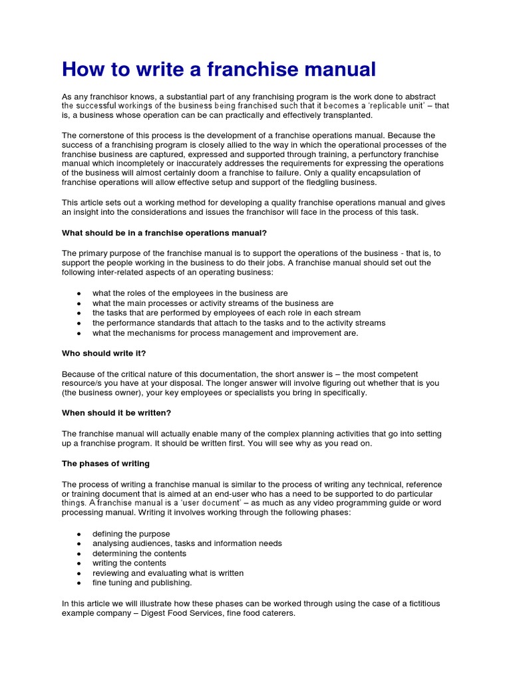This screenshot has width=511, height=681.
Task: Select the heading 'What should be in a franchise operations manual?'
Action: click(x=164, y=233)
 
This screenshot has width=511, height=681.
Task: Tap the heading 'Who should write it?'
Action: click(x=98, y=353)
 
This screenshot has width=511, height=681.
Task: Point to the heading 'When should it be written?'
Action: click(x=116, y=413)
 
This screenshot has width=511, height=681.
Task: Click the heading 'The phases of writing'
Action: click(x=106, y=464)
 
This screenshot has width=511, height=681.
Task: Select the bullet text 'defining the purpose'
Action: click(x=131, y=533)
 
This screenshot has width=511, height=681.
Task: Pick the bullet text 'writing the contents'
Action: click(x=129, y=563)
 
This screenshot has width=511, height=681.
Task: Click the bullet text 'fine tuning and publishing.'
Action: click(x=142, y=583)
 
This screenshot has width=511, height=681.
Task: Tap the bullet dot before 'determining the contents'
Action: click(x=80, y=553)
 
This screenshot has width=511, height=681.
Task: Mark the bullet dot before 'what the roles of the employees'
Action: click(x=80, y=293)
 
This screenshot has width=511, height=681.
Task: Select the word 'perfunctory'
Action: click(x=381, y=154)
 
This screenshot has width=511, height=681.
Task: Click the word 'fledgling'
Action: click(x=325, y=182)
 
